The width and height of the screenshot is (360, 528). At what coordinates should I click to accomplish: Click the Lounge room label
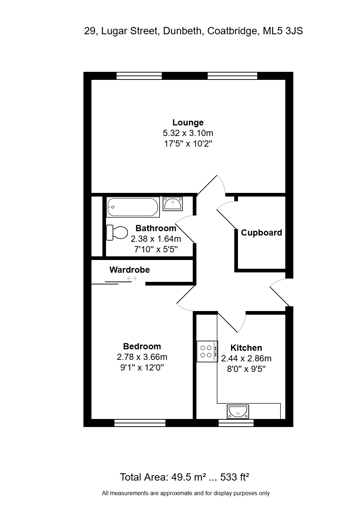(188, 123)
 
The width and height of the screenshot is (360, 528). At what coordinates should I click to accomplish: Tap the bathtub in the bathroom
(133, 207)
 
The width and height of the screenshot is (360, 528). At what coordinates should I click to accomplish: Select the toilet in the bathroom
(117, 232)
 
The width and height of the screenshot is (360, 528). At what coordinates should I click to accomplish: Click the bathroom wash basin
(173, 204)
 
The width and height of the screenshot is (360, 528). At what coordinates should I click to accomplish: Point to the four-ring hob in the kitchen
(207, 351)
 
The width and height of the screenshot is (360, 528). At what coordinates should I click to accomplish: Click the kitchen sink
(238, 412)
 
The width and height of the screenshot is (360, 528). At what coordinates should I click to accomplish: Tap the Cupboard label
(261, 233)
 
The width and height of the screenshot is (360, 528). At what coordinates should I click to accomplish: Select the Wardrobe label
(130, 270)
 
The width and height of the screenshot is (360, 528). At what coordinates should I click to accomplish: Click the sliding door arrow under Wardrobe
(132, 279)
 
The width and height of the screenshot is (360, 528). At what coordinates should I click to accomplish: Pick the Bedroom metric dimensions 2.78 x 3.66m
(142, 357)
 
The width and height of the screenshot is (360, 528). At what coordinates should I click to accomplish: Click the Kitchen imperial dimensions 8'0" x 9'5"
(246, 369)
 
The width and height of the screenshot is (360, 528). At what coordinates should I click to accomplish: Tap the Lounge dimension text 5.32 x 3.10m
(188, 133)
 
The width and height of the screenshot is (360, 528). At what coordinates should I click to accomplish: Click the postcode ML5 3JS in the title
(283, 31)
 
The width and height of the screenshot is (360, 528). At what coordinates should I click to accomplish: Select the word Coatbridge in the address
(232, 31)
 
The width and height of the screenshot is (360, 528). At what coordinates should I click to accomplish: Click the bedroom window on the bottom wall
(140, 423)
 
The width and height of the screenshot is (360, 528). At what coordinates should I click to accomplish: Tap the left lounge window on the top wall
(139, 76)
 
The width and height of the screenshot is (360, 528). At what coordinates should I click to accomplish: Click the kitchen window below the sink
(236, 423)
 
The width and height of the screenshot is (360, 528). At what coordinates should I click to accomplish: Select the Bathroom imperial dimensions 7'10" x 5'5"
(156, 249)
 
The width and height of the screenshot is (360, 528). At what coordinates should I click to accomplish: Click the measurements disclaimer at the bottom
(186, 493)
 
